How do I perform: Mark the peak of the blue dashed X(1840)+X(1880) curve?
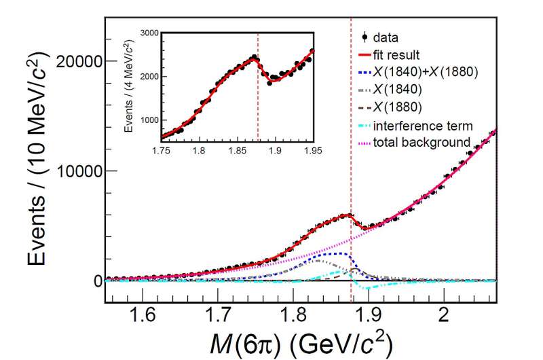click(x=339, y=253)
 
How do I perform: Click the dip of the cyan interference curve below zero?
click(x=365, y=289)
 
